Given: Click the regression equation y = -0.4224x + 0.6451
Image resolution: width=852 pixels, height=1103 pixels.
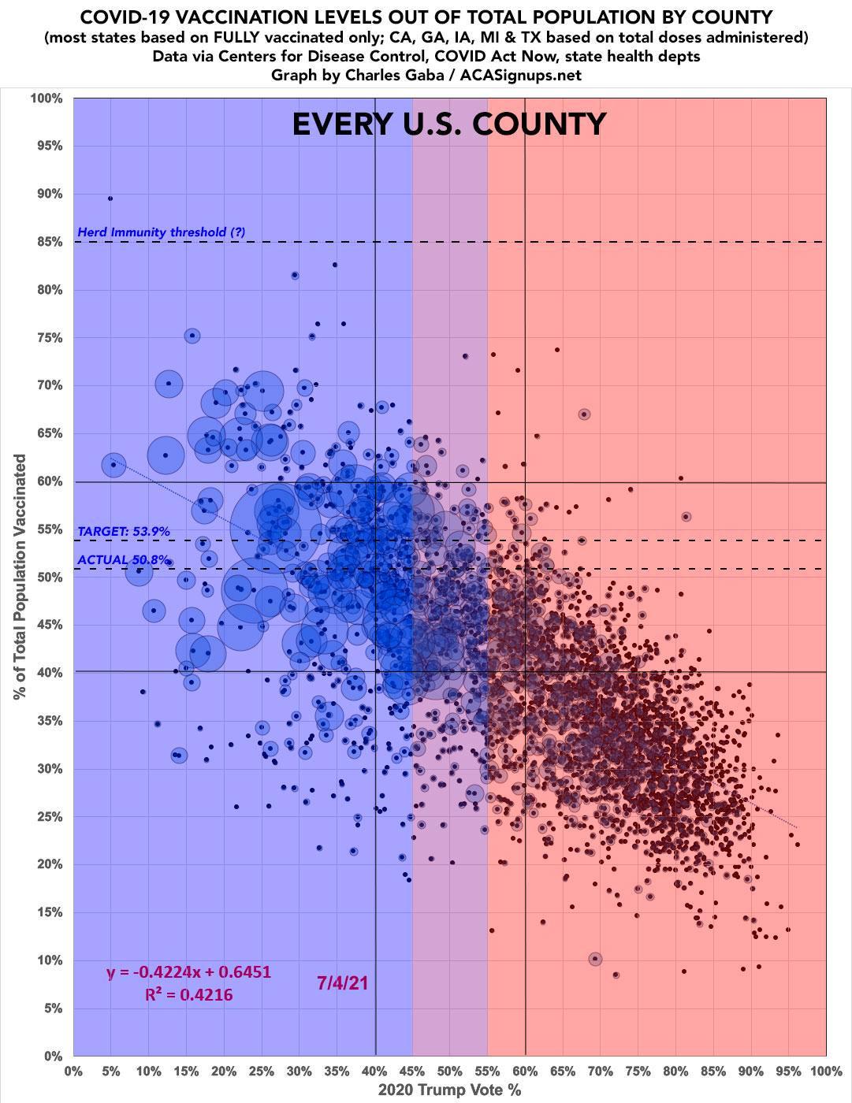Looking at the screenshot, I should [x=188, y=971].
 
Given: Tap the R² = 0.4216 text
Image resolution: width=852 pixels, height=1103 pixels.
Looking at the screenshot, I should [x=188, y=995].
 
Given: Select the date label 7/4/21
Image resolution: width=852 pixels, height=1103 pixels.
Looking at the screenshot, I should [x=343, y=982].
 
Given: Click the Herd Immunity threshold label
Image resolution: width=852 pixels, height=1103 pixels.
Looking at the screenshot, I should [x=162, y=232].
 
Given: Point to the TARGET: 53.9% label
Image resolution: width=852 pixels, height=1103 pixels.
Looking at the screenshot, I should [x=124, y=532].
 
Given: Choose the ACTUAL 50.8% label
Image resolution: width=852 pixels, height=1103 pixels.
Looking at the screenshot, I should [x=124, y=560].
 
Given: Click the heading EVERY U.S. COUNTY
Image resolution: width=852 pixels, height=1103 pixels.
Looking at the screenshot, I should [x=449, y=124].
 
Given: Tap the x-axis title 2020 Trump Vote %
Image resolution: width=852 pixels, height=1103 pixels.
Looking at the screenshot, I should [x=449, y=1090].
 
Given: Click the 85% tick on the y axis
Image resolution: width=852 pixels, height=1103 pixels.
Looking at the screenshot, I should [x=47, y=242].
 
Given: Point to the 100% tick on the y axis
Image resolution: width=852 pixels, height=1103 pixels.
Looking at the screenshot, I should [x=45, y=98].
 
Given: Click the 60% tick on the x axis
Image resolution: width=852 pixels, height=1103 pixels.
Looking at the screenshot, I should [x=525, y=1071].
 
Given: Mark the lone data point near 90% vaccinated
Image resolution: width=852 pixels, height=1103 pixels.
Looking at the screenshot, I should [x=110, y=199].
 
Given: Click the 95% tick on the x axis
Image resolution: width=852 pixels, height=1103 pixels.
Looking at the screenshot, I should [x=788, y=1071].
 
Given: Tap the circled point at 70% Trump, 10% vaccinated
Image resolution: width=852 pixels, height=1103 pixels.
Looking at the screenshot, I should [x=595, y=959].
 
